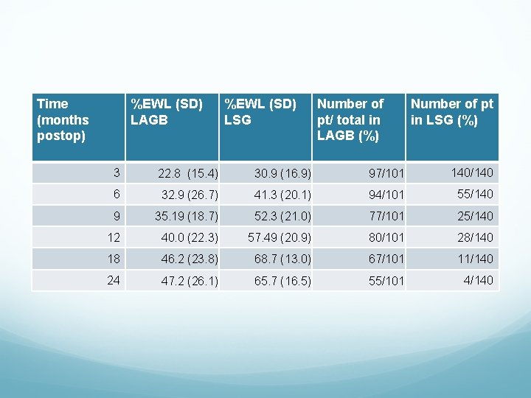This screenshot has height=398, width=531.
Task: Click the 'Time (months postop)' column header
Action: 63,120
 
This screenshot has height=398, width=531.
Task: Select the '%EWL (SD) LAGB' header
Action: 167,112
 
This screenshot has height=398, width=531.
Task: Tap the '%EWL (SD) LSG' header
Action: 260,112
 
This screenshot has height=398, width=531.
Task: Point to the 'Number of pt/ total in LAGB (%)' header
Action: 350,120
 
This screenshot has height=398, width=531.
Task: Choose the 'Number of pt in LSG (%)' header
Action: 451,112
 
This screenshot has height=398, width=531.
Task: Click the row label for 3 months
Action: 117,172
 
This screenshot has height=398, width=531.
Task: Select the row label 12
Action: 114,237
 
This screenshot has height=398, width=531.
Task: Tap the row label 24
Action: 114,280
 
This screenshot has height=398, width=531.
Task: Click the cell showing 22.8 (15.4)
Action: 187,174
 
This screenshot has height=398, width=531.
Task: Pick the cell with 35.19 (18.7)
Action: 186,217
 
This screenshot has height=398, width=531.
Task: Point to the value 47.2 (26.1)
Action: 187,281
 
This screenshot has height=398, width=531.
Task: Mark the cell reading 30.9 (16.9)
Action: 282,174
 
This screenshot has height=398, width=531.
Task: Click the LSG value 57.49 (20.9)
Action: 280,238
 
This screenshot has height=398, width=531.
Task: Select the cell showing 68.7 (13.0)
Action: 282,259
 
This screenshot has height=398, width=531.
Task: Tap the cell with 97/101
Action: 386,174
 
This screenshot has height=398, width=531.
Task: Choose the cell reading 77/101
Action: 386,217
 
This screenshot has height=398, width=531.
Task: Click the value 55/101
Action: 386,281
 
